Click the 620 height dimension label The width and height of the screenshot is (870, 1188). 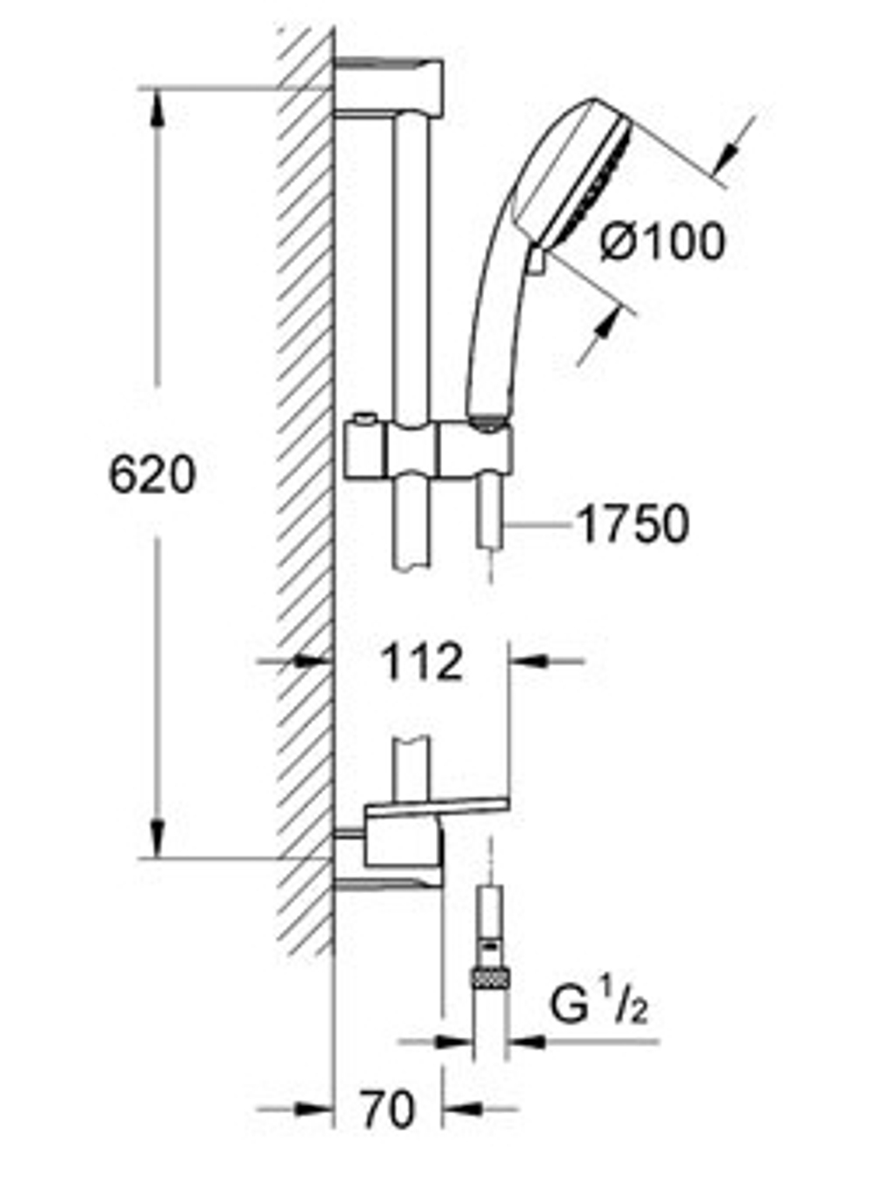pos(152,475)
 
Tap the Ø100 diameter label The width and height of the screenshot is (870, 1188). pos(663,242)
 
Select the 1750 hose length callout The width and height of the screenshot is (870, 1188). pos(633,524)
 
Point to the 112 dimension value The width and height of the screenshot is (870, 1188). pos(422,662)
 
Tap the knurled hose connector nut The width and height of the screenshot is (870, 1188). pos(492,977)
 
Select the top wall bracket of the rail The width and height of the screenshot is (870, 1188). pos(389,87)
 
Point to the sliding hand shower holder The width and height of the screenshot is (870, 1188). pos(430,450)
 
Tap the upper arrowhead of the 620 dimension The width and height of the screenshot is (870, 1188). pos(157,108)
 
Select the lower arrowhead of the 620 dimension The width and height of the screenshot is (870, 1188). pos(157,838)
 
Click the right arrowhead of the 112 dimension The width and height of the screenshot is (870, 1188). pos(527,661)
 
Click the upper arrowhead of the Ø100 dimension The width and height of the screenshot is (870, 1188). pos(725,158)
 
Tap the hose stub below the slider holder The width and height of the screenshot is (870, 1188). pos(492,513)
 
